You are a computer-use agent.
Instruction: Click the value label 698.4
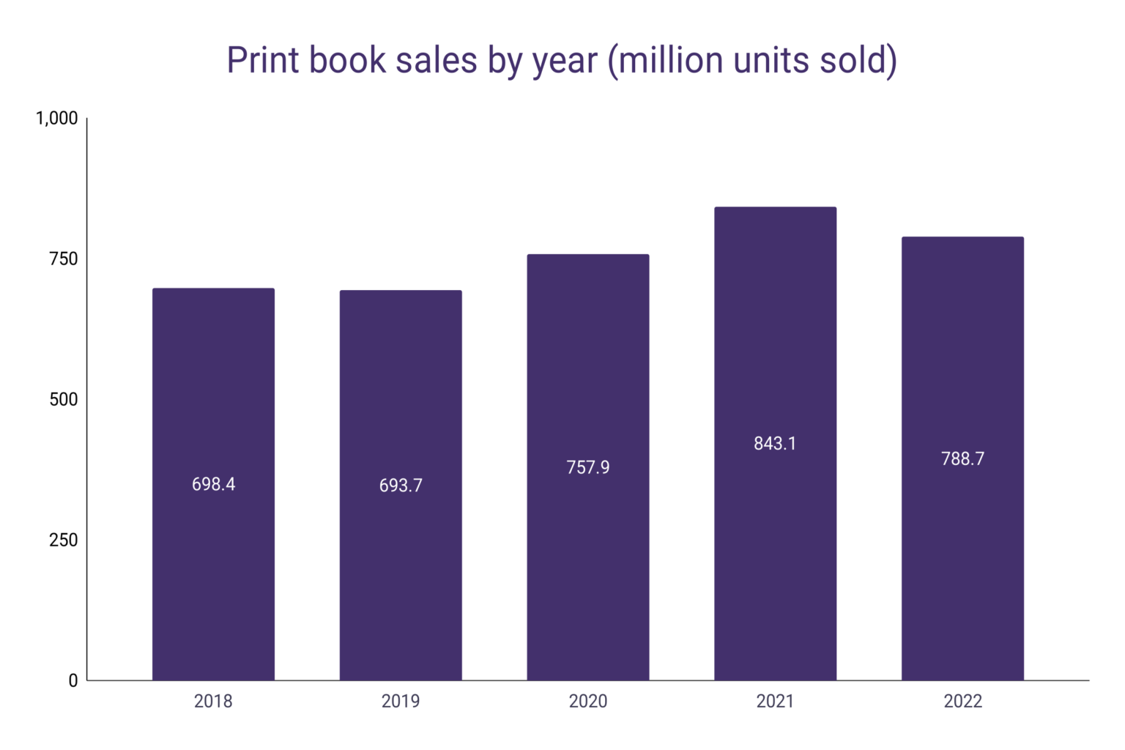click(x=213, y=484)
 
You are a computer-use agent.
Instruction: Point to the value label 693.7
click(x=401, y=486)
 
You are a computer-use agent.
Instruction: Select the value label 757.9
click(x=588, y=467)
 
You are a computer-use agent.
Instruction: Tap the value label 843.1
click(x=775, y=443)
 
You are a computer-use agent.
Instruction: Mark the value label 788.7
click(x=962, y=458)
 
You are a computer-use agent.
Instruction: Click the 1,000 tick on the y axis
click(x=56, y=118)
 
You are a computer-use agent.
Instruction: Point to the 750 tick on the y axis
click(x=63, y=259)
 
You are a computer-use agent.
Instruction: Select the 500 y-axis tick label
click(x=63, y=399)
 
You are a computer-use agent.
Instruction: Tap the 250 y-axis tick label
click(x=63, y=540)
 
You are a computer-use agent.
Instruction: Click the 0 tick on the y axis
click(x=73, y=680)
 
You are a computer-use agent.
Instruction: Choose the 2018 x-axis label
click(x=213, y=701)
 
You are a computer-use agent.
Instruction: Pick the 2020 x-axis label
click(x=588, y=701)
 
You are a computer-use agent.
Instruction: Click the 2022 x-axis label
click(x=962, y=701)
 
